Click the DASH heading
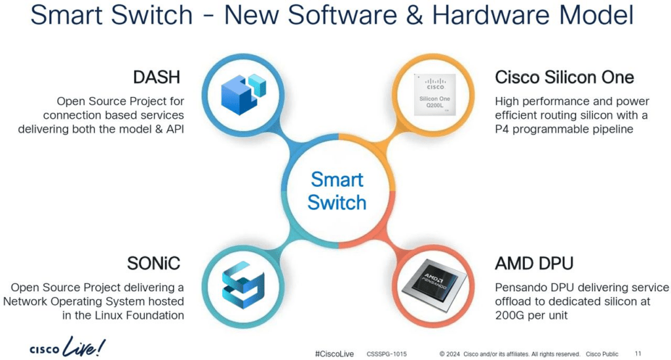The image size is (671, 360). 156,77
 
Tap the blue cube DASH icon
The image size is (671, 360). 243,94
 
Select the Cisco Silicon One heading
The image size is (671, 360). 564,77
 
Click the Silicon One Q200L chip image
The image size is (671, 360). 435,94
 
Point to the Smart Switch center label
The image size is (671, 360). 337,191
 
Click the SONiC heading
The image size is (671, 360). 153,263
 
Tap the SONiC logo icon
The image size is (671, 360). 243,285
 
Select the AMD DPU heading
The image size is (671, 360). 534,263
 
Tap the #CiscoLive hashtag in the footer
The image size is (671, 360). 334,354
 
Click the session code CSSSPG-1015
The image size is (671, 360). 387,354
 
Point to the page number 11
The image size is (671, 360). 638,353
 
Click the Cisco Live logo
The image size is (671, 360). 67,347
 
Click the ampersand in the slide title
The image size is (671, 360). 414,15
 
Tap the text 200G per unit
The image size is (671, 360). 531,315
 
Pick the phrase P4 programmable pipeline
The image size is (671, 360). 564,129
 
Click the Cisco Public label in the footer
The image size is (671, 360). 602,354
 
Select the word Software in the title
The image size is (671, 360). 341,15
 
